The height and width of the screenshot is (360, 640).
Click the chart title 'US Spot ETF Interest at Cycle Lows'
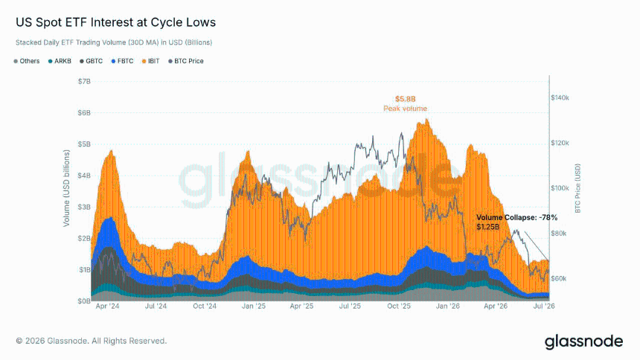[115, 22]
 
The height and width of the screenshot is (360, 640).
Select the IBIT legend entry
[150, 61]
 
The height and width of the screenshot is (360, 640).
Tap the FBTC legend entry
[122, 61]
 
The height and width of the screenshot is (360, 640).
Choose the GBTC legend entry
[91, 61]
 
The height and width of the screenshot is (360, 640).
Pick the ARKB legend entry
[60, 61]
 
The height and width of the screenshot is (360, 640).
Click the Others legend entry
[27, 61]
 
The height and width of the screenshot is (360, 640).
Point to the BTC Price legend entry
[186, 61]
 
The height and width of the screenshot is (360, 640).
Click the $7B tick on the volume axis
[84, 81]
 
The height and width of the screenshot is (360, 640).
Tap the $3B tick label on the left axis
[84, 207]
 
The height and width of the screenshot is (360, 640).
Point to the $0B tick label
[84, 301]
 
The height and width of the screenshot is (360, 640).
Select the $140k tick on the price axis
[560, 98]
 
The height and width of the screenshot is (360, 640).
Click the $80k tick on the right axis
[559, 234]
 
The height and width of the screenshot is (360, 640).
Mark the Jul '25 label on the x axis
[350, 306]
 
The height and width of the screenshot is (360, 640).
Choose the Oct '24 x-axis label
[205, 306]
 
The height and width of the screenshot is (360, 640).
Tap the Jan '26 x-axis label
[448, 306]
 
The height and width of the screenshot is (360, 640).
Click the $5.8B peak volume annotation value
[406, 99]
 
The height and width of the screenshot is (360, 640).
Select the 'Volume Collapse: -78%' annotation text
[516, 217]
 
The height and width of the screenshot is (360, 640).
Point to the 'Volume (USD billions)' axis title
[66, 188]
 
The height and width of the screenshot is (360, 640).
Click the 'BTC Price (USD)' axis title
[577, 188]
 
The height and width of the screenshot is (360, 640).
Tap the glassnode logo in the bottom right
[584, 342]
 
